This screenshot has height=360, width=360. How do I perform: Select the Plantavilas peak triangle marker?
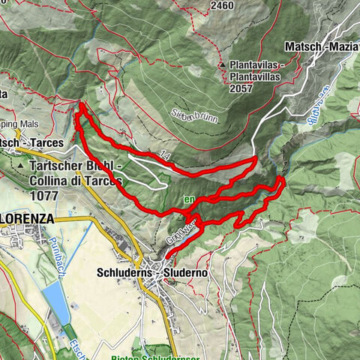(223, 66)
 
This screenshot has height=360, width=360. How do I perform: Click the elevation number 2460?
(223, 5)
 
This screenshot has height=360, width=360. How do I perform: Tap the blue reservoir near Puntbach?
(57, 304)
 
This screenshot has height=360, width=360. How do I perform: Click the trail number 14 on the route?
(164, 155)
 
